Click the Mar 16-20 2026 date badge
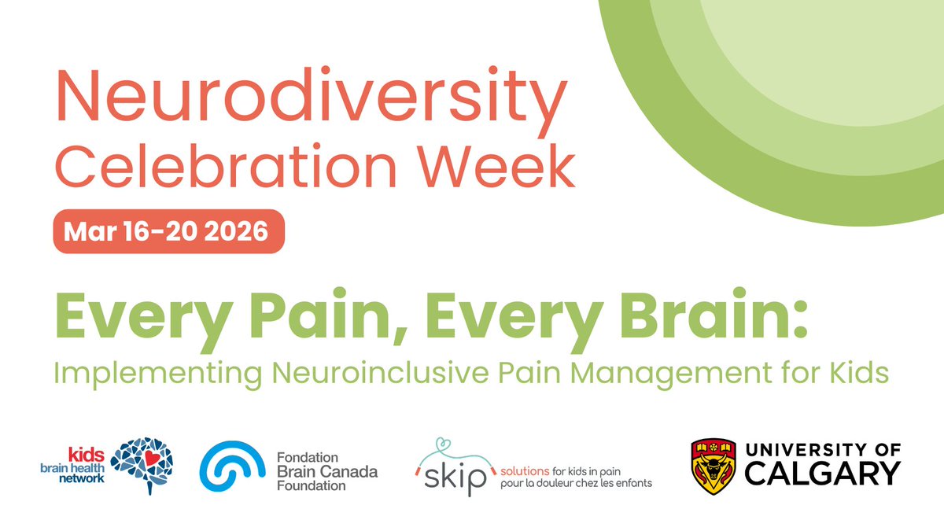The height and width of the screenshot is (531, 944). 168,231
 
